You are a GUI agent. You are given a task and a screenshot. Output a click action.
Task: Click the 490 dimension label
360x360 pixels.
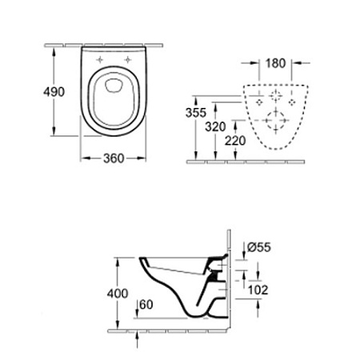[x=54, y=92]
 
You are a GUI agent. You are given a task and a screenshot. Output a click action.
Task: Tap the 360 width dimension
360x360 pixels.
[x=114, y=158]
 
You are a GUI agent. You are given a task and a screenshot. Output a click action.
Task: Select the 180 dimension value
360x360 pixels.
[x=275, y=63]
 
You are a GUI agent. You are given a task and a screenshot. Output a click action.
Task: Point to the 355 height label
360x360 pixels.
[x=196, y=113]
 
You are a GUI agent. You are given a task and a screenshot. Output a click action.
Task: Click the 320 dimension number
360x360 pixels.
[x=215, y=126]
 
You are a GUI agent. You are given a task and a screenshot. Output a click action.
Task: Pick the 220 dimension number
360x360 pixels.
[x=235, y=141]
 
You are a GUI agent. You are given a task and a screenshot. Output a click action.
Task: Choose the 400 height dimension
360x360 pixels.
[x=118, y=294]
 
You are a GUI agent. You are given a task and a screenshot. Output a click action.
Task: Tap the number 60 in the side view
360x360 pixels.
[x=146, y=305]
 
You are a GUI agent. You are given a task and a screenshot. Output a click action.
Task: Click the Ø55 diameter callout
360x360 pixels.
[x=259, y=247]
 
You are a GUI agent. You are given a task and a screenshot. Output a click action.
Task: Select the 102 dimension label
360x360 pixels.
[x=258, y=290]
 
